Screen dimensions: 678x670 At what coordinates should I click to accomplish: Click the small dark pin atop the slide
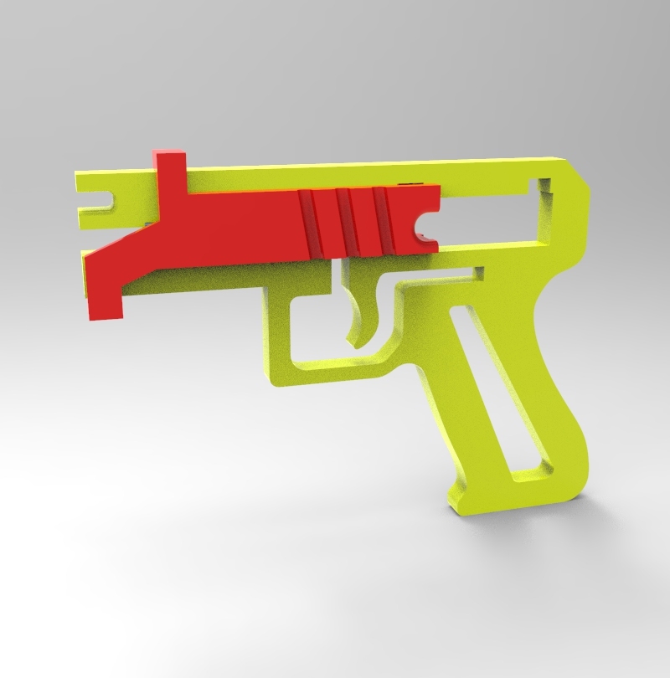tap(409, 182)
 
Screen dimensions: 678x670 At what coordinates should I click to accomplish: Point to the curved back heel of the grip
tap(578, 469)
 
